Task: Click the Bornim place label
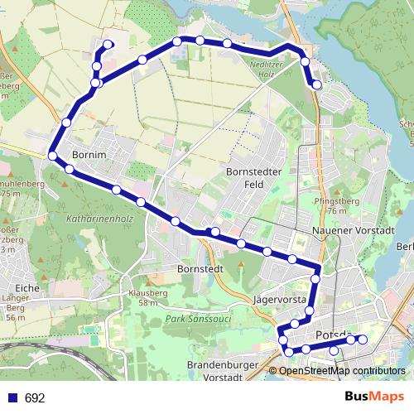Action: click(x=89, y=154)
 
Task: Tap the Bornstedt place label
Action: click(x=200, y=269)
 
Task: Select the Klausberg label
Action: click(x=148, y=292)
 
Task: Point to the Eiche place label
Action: click(x=27, y=287)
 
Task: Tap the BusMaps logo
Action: click(x=375, y=397)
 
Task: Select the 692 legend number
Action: click(x=35, y=398)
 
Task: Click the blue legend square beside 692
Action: click(x=12, y=398)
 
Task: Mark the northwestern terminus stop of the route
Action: click(x=108, y=44)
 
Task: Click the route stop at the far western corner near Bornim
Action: click(x=52, y=156)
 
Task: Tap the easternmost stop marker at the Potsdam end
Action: click(x=362, y=339)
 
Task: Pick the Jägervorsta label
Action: click(x=282, y=299)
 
